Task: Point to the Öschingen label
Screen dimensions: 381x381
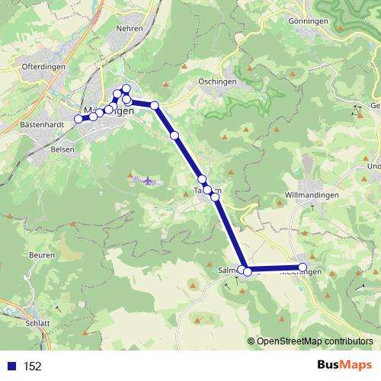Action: point(218,82)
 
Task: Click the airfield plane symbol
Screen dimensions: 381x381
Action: point(148,181)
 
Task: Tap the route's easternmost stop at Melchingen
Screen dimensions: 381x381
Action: point(303,267)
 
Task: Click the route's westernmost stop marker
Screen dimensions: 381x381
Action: point(78,119)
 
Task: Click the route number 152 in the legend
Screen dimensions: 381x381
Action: point(32,367)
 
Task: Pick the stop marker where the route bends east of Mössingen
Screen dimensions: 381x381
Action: point(155,105)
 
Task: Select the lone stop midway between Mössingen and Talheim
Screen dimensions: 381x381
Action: point(174,135)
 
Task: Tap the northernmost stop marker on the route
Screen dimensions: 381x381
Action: point(126,88)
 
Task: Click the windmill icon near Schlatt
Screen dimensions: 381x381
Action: point(56,309)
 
